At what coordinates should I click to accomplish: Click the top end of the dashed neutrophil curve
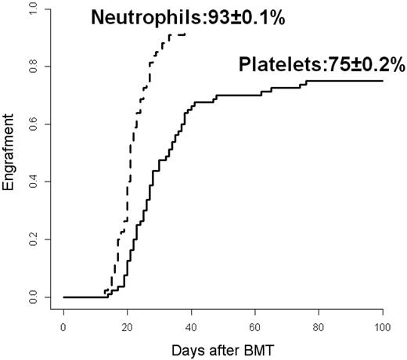click(x=185, y=34)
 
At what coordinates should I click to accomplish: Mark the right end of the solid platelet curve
click(x=383, y=81)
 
